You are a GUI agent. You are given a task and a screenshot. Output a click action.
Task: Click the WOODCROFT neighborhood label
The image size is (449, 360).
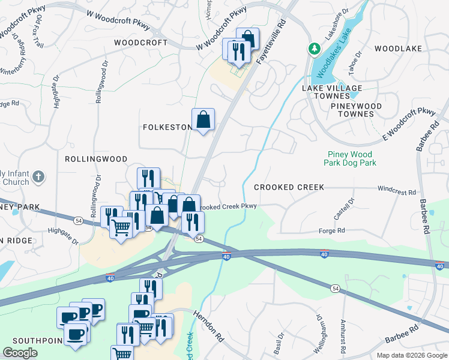click(x=140, y=43)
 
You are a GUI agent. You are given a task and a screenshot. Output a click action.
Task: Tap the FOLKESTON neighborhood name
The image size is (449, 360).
click(x=167, y=127)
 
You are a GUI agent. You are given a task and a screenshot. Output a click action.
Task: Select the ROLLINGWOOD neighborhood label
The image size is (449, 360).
click(x=97, y=159)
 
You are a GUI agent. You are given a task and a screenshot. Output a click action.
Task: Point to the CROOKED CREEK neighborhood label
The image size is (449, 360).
click(x=289, y=187)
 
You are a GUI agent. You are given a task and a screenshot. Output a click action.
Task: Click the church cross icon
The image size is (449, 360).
click(x=38, y=176)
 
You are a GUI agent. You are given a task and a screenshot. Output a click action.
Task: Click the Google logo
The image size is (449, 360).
click(x=20, y=353)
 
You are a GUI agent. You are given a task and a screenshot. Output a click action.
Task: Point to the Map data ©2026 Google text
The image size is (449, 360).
click(x=412, y=355)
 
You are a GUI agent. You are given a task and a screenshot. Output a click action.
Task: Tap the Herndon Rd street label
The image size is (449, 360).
click(x=208, y=326)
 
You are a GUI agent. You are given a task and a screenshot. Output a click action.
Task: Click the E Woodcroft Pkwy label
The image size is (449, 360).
click(x=409, y=125)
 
